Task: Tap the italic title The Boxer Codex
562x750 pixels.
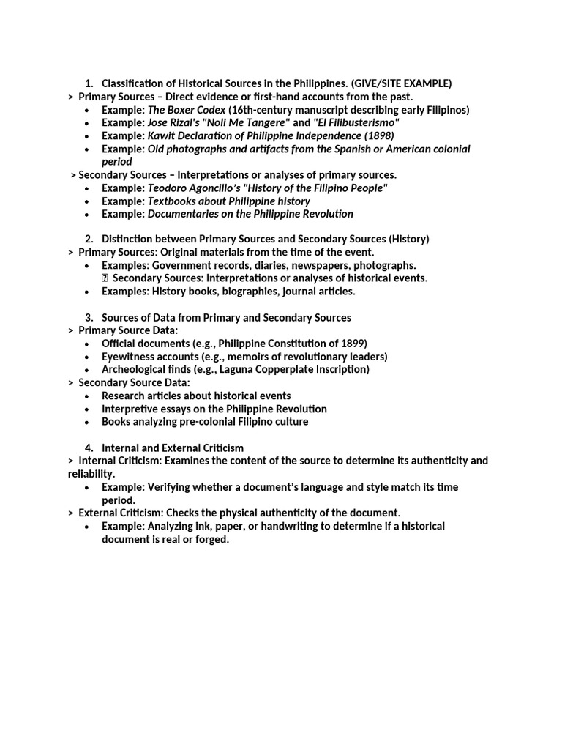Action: (x=185, y=110)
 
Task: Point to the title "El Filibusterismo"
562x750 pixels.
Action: (x=356, y=122)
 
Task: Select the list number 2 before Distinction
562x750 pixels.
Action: (x=89, y=239)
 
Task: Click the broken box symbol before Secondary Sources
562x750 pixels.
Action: (x=105, y=278)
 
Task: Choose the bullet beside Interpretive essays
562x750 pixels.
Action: (x=86, y=409)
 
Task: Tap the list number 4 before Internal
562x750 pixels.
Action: (x=89, y=448)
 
